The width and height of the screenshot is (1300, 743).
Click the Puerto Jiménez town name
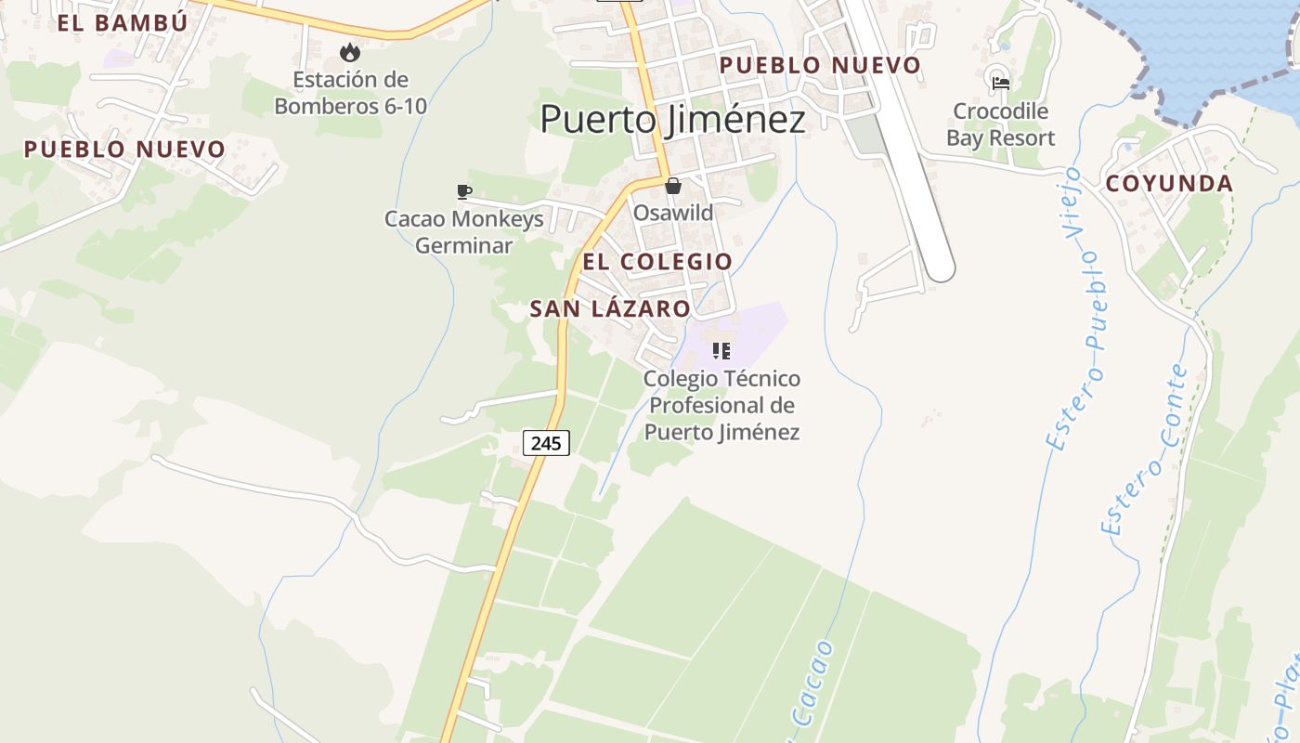(672, 120)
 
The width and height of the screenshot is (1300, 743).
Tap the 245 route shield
(546, 443)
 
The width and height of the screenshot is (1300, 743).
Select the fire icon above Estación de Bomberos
(350, 52)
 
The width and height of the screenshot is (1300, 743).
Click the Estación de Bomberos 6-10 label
(350, 93)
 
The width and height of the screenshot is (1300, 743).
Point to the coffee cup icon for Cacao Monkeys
(464, 191)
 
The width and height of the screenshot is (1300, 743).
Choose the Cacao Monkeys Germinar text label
(463, 232)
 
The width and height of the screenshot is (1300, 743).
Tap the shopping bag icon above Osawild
(673, 186)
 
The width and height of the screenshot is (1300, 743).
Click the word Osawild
(673, 213)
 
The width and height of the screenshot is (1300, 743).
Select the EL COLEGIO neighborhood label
(657, 262)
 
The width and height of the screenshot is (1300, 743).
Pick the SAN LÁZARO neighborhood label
(610, 309)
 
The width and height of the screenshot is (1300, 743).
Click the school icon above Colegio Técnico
(721, 351)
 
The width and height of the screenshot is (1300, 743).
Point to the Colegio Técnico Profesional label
(721, 405)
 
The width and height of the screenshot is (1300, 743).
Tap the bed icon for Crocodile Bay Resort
(1000, 83)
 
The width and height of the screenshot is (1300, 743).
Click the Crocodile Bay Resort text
(1000, 124)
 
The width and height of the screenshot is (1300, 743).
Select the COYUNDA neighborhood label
(1169, 184)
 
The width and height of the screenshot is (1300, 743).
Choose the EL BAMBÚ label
(123, 23)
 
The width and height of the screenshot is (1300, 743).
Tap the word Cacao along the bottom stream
(810, 687)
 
